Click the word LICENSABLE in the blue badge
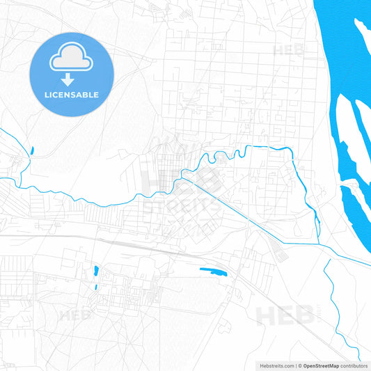72,95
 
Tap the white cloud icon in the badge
72,61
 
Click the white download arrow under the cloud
72,78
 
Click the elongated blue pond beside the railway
214,271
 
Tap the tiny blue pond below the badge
31,149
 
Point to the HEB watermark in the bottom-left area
77,315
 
